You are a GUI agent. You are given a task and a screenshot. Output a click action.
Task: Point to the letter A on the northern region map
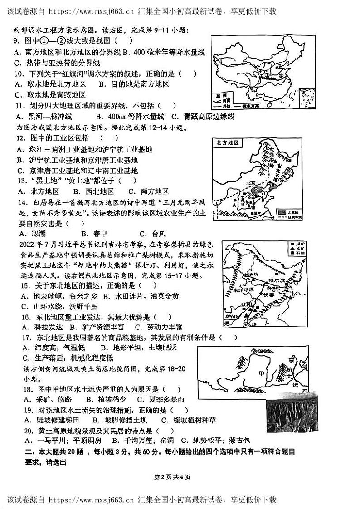(x=233, y=204)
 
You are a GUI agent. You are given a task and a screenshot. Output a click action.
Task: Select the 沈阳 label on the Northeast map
(x=251, y=305)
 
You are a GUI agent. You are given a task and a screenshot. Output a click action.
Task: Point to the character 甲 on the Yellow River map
(x=261, y=373)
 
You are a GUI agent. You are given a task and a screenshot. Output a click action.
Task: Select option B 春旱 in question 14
(x=91, y=234)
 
